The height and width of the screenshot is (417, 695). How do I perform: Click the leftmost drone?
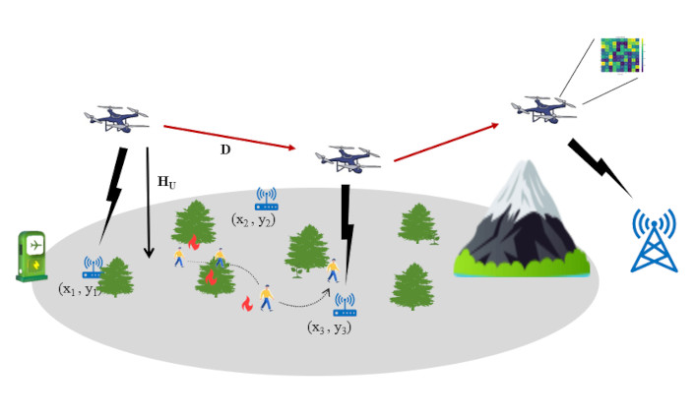117,118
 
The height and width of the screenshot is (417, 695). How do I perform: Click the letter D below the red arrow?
225,149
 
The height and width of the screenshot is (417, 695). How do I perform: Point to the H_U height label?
167,182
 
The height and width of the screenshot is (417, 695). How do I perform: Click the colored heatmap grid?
620,55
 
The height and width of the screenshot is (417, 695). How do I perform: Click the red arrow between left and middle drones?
229,137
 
